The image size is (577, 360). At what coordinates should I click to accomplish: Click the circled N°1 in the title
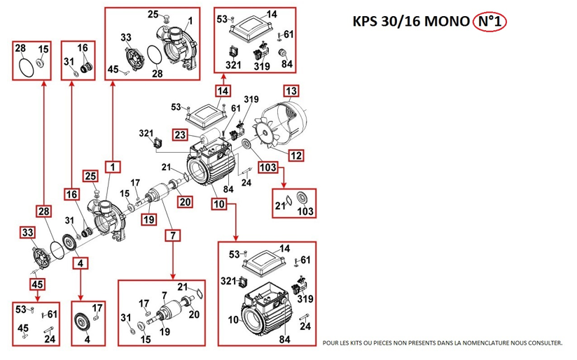coord(489,22)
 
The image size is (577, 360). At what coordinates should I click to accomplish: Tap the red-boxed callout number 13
coord(291,91)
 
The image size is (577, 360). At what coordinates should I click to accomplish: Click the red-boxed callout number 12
coord(296,155)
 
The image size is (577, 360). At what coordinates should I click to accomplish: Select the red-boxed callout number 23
coord(180,134)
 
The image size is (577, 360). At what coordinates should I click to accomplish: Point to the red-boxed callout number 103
coord(268,167)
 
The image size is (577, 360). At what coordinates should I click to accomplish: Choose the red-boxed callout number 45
coord(37,284)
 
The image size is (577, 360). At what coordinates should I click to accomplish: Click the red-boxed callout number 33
coord(27,233)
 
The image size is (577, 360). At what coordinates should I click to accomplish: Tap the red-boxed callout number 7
coord(174,235)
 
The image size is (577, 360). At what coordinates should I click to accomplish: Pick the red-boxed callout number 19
coord(148,219)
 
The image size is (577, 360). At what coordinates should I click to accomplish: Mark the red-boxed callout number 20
coord(185,202)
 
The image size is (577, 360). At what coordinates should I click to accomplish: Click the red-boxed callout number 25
coord(90,176)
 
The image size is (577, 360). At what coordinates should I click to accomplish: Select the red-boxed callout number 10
coord(219,204)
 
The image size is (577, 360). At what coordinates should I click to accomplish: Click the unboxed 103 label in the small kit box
coord(305,211)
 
